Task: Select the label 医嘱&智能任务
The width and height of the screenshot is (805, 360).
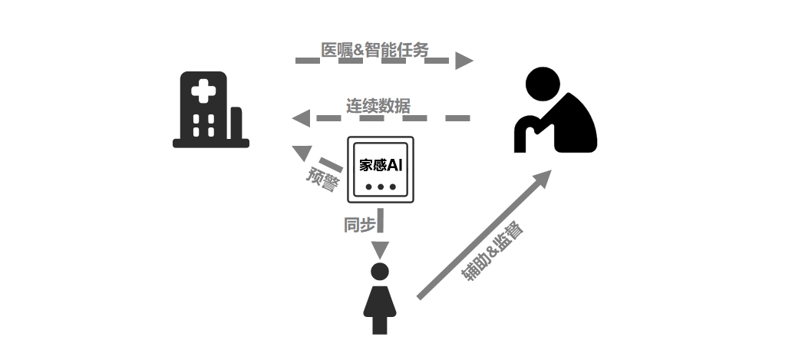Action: point(374,51)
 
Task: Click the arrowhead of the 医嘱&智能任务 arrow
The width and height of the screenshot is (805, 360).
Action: point(464,61)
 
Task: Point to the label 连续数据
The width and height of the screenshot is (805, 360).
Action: point(378,107)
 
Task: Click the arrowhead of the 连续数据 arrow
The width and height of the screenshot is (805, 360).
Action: point(301,118)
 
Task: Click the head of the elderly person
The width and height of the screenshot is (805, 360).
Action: point(544,84)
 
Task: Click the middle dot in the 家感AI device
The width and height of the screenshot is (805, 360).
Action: point(381,187)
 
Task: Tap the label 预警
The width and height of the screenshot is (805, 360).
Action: point(322,180)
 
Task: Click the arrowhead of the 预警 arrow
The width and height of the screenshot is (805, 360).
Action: point(302,153)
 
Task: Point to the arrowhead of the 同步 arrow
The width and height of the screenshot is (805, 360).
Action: point(380,249)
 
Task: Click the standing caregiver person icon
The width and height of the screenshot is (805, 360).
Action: point(380,299)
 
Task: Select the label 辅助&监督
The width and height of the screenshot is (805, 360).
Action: point(491,252)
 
